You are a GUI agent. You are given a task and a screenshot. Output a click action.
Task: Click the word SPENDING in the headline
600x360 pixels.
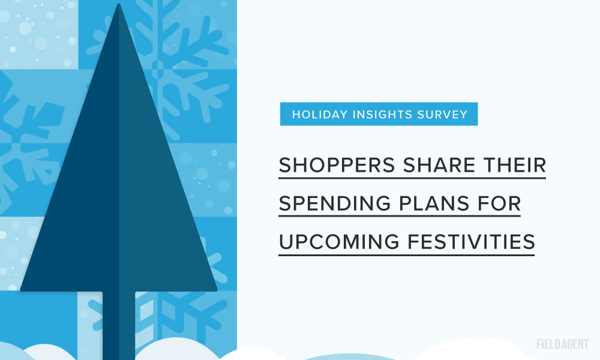pyautogui.click(x=335, y=203)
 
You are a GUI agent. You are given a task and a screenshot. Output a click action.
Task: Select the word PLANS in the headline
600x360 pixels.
pyautogui.click(x=434, y=203)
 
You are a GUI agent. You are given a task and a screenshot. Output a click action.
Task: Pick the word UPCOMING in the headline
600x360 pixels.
pyautogui.click(x=339, y=242)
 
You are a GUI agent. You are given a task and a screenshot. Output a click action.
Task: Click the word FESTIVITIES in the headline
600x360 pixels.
pyautogui.click(x=471, y=242)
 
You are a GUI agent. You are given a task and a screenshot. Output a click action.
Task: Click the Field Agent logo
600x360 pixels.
pyautogui.click(x=563, y=344)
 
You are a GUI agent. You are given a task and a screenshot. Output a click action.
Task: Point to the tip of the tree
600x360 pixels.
pyautogui.click(x=119, y=4)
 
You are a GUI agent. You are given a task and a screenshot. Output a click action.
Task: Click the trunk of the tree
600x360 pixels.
pyautogui.click(x=119, y=325)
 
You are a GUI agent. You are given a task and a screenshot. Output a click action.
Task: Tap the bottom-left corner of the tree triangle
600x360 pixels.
pyautogui.click(x=21, y=290)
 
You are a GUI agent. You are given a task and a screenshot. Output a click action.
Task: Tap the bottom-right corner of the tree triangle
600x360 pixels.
pyautogui.click(x=217, y=290)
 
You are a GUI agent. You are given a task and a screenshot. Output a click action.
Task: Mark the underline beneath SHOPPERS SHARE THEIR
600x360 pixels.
pyautogui.click(x=412, y=178)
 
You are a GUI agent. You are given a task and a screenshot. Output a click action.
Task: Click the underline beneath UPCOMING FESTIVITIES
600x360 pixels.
pyautogui.click(x=406, y=254)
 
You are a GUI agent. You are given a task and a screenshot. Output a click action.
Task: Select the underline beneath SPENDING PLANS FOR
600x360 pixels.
pyautogui.click(x=400, y=216)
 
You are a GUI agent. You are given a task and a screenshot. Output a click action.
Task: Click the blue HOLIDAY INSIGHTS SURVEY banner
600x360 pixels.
pyautogui.click(x=379, y=114)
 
